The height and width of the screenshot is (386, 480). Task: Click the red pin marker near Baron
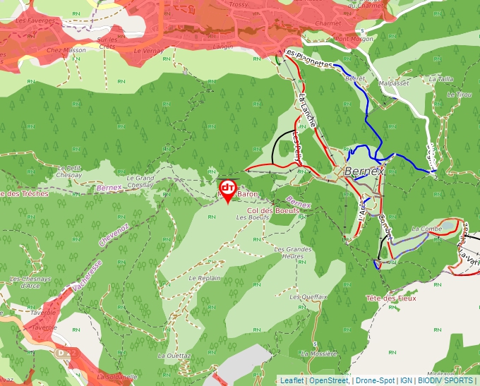click(x=228, y=189)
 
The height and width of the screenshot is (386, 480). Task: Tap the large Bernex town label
click(x=364, y=171)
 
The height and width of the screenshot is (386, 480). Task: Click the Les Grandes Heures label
click(x=293, y=253)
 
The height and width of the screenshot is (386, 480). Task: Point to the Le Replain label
click(x=205, y=278)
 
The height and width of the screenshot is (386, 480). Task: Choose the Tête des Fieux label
click(x=390, y=298)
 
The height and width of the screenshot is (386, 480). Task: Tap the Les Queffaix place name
click(x=308, y=297)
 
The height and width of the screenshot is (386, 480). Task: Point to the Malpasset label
click(x=394, y=83)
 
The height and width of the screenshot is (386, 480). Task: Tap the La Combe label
click(x=426, y=229)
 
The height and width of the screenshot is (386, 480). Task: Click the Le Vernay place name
click(x=148, y=51)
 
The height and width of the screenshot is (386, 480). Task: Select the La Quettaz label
click(x=174, y=356)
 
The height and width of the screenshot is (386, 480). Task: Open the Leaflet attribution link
click(x=292, y=380)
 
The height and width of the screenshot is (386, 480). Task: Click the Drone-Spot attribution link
click(x=375, y=380)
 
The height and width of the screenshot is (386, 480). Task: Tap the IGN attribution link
click(x=407, y=380)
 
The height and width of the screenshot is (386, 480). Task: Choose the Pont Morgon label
click(x=353, y=39)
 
